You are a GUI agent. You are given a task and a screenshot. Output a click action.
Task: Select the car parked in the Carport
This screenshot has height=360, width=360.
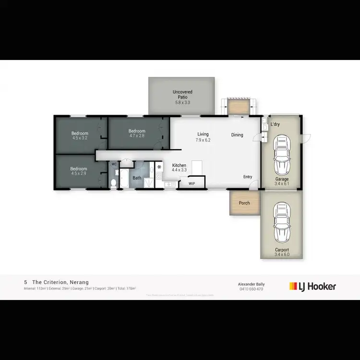coord(281,224)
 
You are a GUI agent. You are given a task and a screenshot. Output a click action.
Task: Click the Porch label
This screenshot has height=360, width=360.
coord(244,203)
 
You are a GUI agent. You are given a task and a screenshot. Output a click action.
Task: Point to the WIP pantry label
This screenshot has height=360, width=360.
coord(192,183)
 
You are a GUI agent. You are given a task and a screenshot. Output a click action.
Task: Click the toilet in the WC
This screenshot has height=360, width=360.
coord(114,182)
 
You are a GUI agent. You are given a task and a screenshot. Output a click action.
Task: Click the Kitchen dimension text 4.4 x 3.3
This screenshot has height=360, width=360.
coord(180,170)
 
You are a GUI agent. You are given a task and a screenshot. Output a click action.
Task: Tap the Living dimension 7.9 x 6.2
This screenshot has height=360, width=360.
coord(203,140)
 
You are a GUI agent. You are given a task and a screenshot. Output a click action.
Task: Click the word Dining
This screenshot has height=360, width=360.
coord(237,135)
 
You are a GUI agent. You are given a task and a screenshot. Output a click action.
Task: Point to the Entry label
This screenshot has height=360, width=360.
coord(248,177)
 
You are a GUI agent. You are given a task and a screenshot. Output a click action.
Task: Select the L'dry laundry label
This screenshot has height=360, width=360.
coord(275,124)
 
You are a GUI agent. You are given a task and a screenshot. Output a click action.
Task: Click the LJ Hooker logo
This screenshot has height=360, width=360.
coord(312,287)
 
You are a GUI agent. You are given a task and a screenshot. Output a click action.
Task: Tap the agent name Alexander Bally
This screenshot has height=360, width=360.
coord(252,284)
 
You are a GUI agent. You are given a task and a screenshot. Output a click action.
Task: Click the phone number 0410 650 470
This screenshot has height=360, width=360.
coord(252,289)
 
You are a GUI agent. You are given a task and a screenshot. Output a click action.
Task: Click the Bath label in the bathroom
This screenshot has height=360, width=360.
coord(137,178)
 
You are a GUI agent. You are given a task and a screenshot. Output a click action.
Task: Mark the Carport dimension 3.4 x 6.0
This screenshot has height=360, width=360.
coord(282,254)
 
